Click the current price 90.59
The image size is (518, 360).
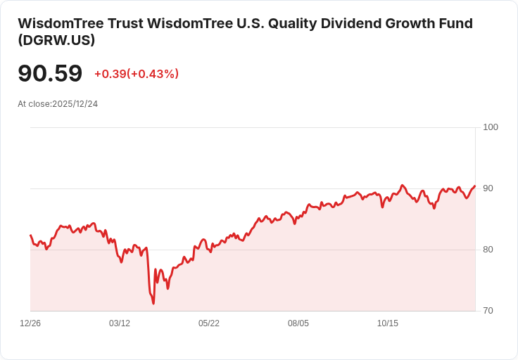point(50,73)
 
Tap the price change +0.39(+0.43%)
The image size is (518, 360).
point(136,74)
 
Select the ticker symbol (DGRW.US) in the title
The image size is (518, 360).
point(56,40)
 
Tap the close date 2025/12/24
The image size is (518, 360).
point(75,104)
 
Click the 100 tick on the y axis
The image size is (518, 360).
point(491,127)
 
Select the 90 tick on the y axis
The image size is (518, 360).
point(488,188)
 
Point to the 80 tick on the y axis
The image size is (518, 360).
point(488,250)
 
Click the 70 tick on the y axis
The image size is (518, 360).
point(488,311)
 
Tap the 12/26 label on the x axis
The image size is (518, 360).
point(30,323)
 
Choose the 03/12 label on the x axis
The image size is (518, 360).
point(120,323)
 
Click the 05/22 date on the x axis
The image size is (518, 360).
point(209,323)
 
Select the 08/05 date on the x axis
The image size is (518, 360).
point(298,323)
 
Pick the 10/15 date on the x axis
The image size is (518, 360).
point(388,323)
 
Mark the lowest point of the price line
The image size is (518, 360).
point(153,304)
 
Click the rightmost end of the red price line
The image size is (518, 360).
point(475,186)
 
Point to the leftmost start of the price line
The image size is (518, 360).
point(30,235)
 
